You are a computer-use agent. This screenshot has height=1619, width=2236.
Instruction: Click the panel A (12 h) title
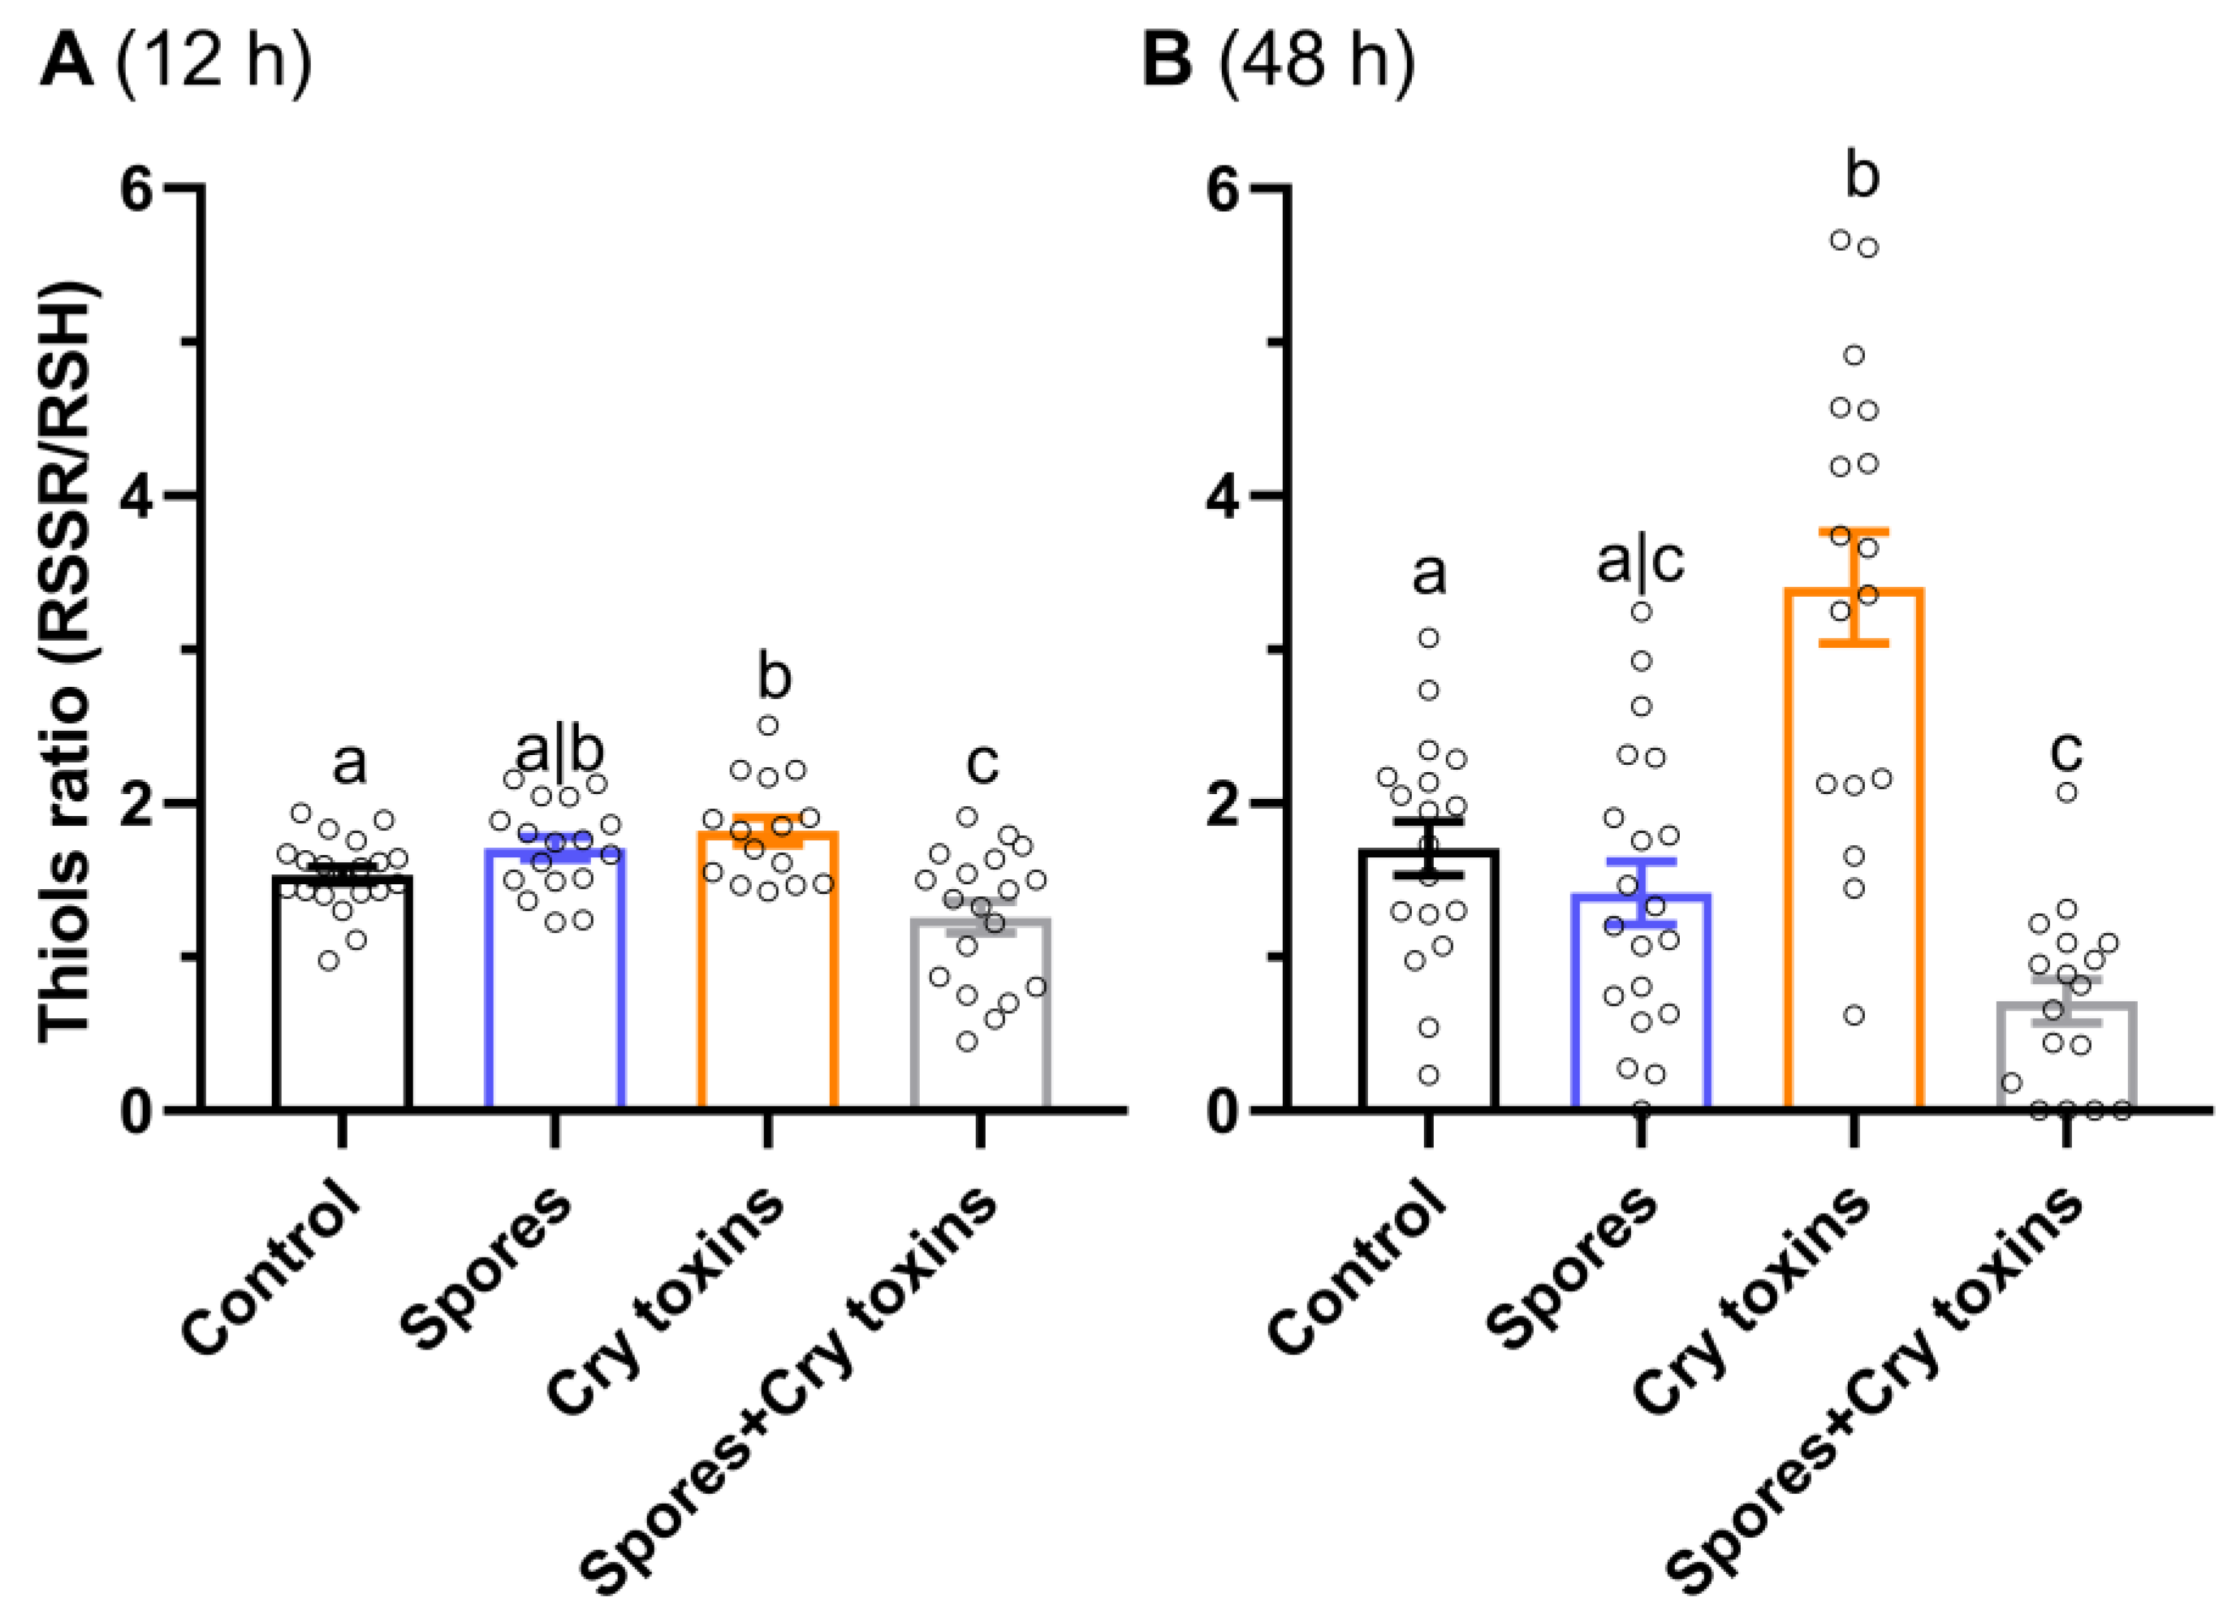tap(175, 61)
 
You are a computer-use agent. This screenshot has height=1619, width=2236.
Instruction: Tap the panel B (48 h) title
tap(1279, 61)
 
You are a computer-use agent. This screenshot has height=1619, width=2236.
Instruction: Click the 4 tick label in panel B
tap(1224, 496)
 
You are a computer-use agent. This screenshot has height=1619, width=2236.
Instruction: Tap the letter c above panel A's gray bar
tap(982, 762)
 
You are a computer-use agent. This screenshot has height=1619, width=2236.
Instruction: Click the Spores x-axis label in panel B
tap(1573, 1267)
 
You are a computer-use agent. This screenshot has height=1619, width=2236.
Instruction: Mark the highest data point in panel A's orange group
tap(768, 726)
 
